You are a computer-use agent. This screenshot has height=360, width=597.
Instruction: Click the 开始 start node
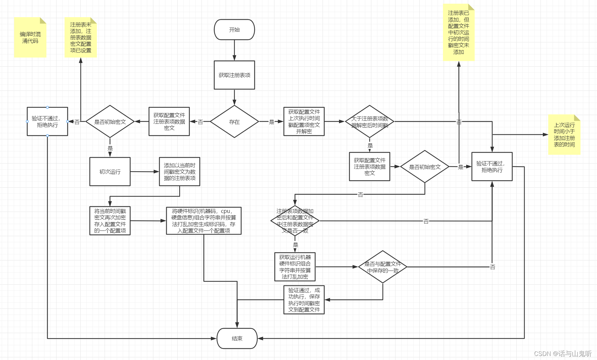point(234,30)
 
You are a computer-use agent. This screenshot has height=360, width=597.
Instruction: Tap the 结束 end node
point(237,338)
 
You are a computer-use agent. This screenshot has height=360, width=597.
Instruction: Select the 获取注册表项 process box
point(234,75)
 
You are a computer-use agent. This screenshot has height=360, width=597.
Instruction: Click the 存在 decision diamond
point(234,122)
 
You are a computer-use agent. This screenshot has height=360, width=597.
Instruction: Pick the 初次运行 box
point(110,172)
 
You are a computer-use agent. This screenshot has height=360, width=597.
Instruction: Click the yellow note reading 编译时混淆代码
point(30,37)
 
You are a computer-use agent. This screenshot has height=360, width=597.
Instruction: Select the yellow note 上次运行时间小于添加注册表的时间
point(564,135)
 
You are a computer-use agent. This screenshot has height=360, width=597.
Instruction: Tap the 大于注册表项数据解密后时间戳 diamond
point(369,122)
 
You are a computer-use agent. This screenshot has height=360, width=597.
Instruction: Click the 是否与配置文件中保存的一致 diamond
point(382,267)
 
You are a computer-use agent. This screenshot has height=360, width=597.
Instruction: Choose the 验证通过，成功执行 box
point(304,300)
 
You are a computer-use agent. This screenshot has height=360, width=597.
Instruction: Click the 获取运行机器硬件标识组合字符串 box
point(295,267)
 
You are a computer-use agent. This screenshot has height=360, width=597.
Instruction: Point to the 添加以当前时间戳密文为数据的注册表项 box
point(179,172)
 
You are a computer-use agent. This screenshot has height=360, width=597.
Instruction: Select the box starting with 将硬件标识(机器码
point(203,221)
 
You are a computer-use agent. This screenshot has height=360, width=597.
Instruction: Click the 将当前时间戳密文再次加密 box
point(110,221)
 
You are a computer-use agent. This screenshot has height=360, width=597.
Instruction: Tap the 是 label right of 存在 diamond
point(271,122)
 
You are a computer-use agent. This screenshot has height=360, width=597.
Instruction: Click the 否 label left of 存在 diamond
point(200,122)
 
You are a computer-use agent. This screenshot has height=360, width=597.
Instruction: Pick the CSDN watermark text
point(562,354)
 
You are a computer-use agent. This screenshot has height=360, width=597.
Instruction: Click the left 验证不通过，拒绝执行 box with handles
point(47,121)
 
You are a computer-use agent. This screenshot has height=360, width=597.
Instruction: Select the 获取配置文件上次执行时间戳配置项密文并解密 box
point(304,121)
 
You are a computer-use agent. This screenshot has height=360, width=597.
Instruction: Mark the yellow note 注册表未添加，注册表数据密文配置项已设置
point(80,37)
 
